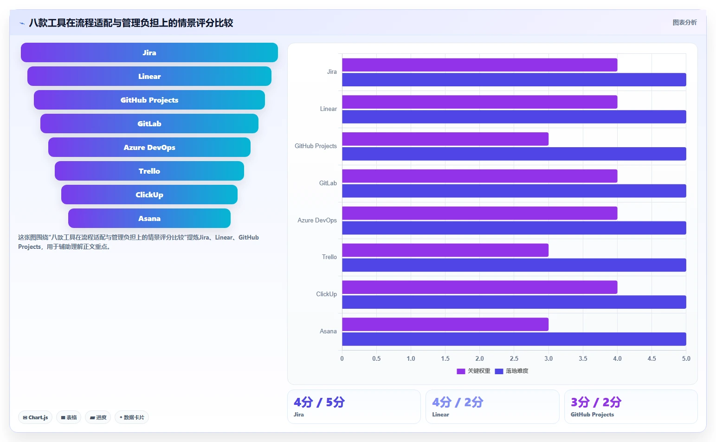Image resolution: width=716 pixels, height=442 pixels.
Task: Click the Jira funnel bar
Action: (149, 52)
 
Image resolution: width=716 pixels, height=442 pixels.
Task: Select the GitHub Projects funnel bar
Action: (149, 100)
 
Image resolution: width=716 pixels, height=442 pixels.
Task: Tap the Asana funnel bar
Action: (149, 218)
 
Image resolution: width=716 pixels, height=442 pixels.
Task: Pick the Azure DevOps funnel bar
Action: (149, 147)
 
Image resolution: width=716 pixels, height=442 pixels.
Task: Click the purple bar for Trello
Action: (445, 250)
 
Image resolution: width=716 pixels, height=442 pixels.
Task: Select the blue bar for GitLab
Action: (514, 191)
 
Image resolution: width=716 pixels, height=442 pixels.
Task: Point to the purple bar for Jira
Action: (479, 65)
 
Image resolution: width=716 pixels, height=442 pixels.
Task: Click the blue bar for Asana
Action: (514, 339)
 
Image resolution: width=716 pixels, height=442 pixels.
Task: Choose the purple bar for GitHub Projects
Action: (445, 139)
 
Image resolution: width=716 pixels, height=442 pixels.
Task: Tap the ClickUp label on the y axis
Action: (326, 294)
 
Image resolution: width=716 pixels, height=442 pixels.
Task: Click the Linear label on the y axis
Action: (328, 109)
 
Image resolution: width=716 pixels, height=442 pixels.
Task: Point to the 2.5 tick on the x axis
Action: (514, 358)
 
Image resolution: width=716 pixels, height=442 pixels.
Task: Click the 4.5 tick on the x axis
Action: (652, 358)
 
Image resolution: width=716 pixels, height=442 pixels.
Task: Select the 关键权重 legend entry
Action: (473, 371)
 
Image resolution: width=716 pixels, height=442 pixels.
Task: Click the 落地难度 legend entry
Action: (511, 371)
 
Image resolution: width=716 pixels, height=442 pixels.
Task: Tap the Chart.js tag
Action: (35, 417)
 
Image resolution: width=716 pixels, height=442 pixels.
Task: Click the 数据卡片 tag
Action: (132, 417)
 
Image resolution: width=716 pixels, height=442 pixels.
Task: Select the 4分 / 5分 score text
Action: (319, 403)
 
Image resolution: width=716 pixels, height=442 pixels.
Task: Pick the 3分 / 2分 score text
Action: (596, 403)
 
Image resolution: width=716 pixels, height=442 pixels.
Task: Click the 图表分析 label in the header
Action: (684, 22)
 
